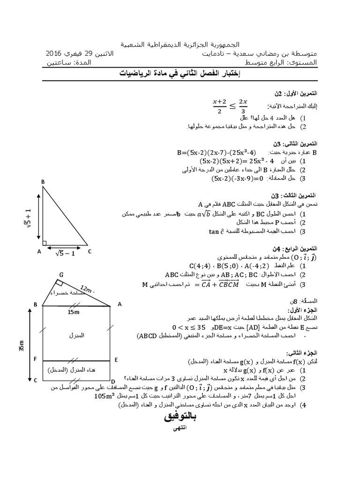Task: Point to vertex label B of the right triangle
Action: [43, 182]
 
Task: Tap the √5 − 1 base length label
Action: [65, 254]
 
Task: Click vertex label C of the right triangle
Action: [89, 251]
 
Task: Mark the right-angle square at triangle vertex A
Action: [45, 243]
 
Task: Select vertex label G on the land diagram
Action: [61, 274]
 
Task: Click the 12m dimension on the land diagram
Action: [87, 288]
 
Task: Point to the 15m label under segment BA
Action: [74, 312]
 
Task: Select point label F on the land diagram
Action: [35, 360]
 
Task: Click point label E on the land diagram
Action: [116, 360]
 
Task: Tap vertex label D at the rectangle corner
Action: [112, 381]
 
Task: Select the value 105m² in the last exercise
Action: [106, 396]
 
